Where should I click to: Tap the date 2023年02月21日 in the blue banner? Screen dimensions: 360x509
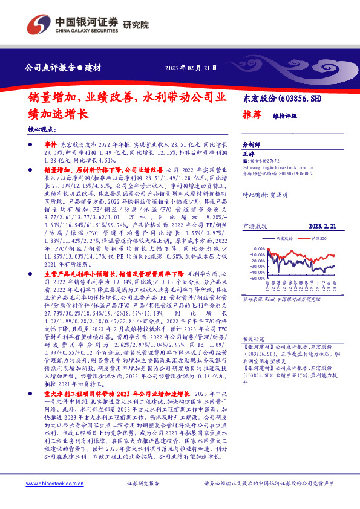191,66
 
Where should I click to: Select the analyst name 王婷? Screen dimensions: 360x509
248,154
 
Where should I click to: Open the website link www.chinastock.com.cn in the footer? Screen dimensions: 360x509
51,501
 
